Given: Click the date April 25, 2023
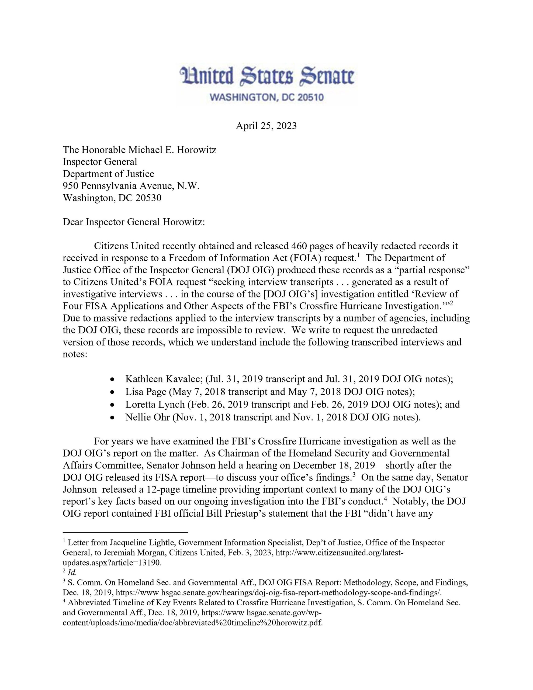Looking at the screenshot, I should click(266, 126).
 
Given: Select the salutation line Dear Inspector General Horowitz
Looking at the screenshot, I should click(134, 222).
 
